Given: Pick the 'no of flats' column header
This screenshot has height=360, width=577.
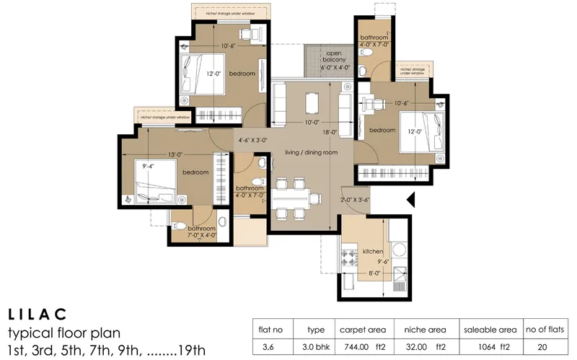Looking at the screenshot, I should pyautogui.click(x=547, y=328).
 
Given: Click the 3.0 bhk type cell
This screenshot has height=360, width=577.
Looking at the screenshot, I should pyautogui.click(x=316, y=346).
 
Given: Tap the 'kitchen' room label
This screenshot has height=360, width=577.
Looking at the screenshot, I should pyautogui.click(x=373, y=251).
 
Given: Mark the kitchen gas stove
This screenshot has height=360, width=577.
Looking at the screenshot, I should pyautogui.click(x=352, y=257).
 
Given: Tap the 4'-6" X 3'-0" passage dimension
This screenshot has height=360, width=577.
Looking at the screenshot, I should pyautogui.click(x=252, y=141).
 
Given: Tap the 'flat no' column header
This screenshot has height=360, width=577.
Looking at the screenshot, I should pyautogui.click(x=270, y=328).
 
